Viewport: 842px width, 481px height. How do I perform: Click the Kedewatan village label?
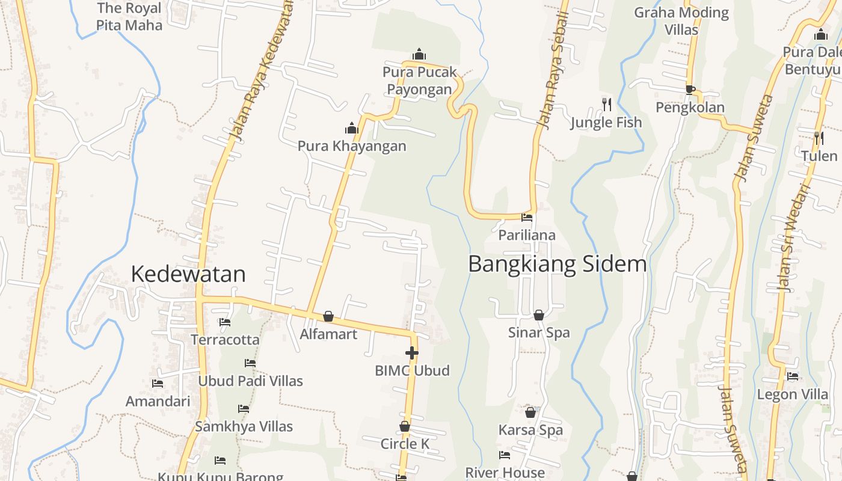click(188, 274)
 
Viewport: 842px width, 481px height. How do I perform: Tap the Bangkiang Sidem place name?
click(557, 264)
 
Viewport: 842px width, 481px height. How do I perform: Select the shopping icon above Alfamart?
click(328, 316)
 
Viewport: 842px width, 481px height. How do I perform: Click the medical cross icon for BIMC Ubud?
click(412, 353)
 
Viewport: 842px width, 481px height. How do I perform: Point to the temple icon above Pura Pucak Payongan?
click(419, 55)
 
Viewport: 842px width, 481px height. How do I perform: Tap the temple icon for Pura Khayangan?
click(352, 128)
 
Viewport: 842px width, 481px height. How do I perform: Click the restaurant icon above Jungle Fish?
click(607, 105)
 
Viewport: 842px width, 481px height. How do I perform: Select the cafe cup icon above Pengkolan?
click(690, 90)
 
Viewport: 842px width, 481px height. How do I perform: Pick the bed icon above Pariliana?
click(527, 218)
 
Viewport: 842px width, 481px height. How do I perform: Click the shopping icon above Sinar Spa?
click(539, 315)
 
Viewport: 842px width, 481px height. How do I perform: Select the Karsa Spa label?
click(530, 430)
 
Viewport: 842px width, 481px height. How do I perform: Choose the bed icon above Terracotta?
click(225, 322)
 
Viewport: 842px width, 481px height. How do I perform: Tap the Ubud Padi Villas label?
click(251, 381)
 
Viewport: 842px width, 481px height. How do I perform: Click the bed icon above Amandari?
click(158, 383)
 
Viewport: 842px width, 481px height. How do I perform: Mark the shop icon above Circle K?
click(405, 427)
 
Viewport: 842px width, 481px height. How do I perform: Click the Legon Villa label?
click(793, 394)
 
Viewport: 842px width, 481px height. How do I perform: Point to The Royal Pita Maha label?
click(129, 17)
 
